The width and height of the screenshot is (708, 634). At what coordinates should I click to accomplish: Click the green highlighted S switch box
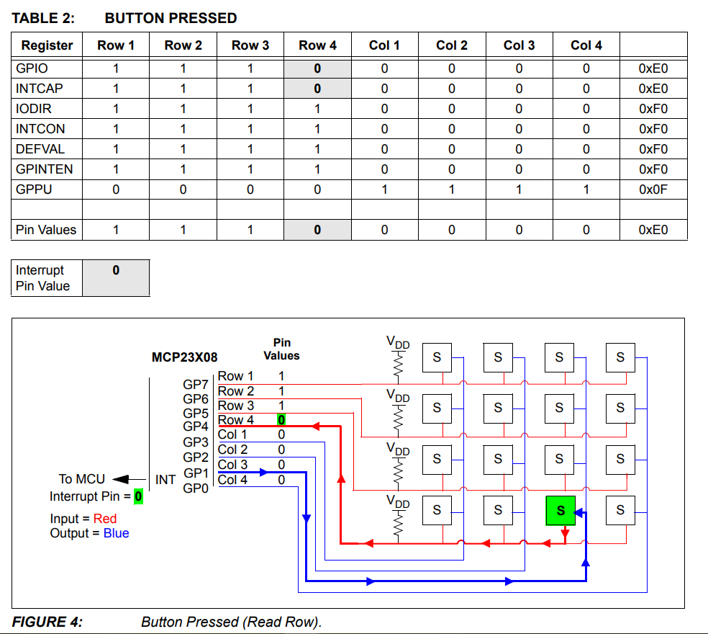point(560,510)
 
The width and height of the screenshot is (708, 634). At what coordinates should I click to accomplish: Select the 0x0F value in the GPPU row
point(653,189)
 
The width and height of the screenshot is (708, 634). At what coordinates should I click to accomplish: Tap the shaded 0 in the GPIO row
point(317,69)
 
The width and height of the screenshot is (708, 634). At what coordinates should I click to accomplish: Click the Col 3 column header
point(519,45)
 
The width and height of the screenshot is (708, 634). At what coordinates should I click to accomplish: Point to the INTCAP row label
point(40,89)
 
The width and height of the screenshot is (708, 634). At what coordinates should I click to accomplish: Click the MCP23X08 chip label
point(184,357)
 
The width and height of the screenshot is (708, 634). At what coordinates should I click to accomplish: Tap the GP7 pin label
point(196,385)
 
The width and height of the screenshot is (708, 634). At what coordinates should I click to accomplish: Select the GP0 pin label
point(196,488)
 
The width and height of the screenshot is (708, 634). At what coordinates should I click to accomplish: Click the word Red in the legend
point(105,519)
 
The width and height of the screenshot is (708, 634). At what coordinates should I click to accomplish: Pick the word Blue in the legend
point(117,533)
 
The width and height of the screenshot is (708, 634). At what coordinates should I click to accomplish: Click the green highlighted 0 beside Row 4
point(281,420)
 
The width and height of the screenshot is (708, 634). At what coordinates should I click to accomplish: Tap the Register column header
point(47,45)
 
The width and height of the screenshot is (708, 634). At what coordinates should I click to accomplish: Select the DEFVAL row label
point(40,149)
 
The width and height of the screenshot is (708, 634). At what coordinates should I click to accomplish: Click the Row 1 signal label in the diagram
point(235,376)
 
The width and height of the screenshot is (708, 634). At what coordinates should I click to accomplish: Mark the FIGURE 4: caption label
point(47,622)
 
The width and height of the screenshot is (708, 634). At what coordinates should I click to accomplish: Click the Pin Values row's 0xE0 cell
point(653,230)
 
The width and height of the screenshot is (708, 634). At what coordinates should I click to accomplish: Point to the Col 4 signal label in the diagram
point(232,480)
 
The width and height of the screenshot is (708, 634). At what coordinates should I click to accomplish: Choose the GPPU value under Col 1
point(384,189)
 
